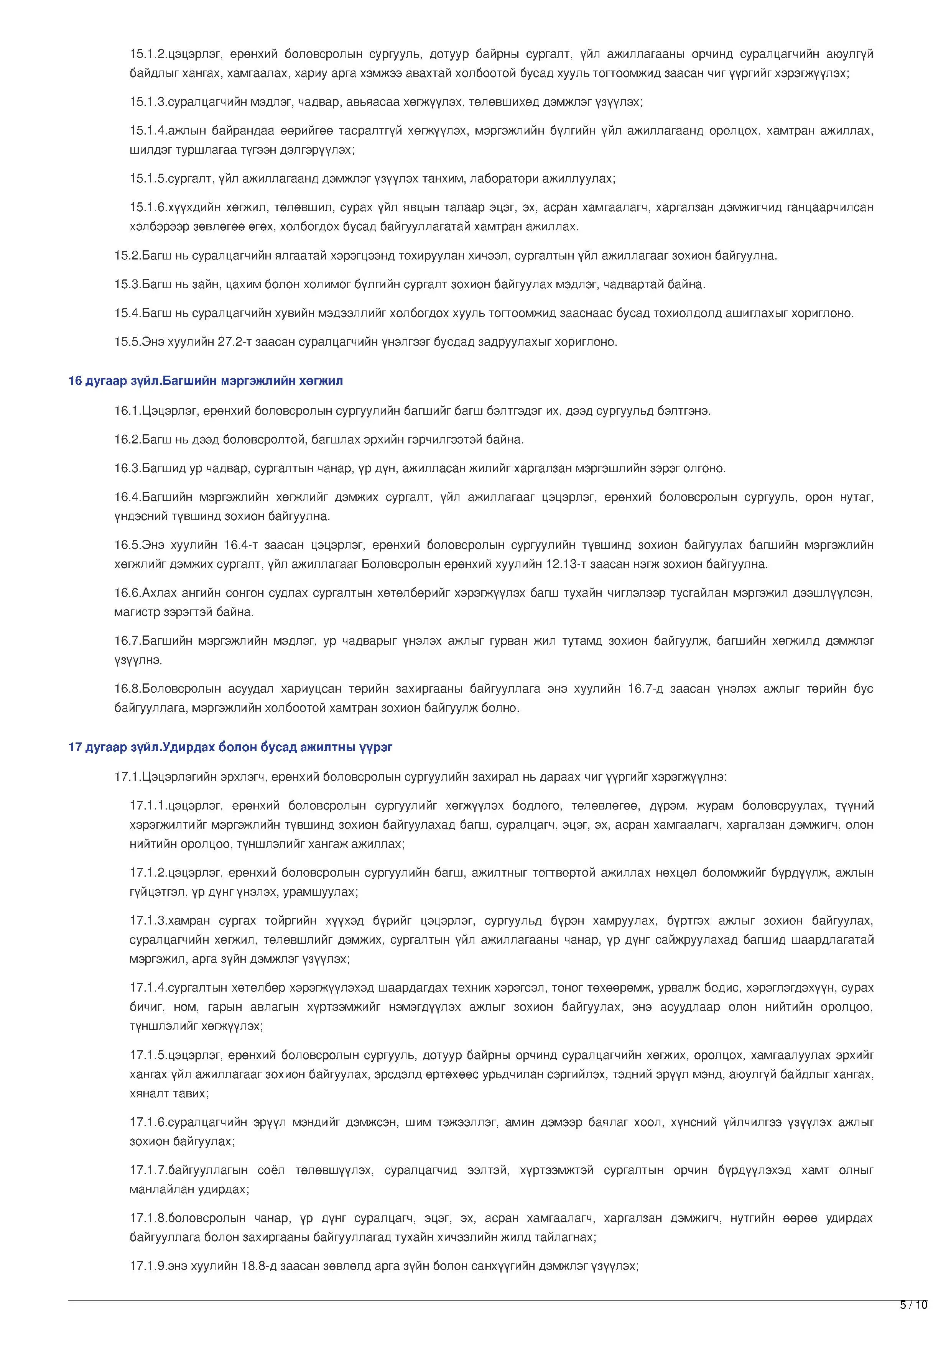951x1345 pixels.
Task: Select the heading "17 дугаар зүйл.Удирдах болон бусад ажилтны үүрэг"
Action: point(230,747)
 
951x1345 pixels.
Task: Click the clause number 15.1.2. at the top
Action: point(148,54)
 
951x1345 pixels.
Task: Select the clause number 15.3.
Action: point(127,285)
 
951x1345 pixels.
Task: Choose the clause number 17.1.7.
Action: point(148,1171)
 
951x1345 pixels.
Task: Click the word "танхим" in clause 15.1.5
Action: point(443,179)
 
